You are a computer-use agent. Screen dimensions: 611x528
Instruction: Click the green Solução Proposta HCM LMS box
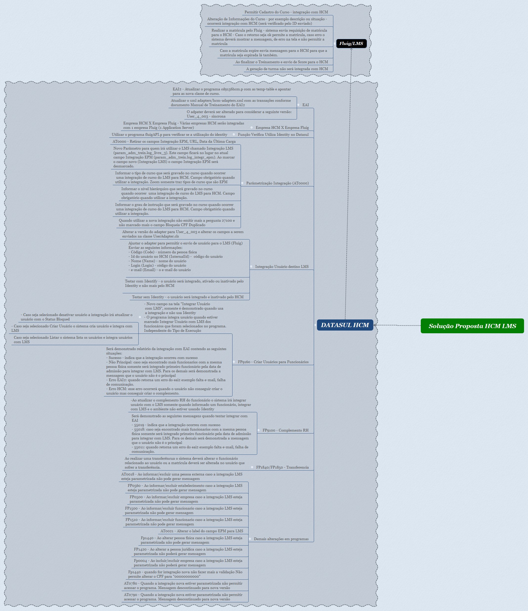[x=472, y=326]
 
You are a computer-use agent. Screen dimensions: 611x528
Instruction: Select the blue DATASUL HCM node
[x=345, y=325]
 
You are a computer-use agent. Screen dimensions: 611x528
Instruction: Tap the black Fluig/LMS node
[x=351, y=43]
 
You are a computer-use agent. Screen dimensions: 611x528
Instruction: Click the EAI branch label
[x=305, y=105]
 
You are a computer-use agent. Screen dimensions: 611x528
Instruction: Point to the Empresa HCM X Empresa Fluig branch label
[x=282, y=128]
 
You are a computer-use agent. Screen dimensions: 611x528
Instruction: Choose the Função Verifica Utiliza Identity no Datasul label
[x=273, y=135]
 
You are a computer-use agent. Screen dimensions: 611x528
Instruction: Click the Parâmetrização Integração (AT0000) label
[x=277, y=183]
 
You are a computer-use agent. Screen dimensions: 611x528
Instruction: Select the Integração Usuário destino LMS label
[x=282, y=267]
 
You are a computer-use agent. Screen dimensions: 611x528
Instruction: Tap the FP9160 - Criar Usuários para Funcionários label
[x=273, y=362]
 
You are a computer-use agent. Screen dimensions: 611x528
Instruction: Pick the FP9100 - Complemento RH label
[x=285, y=430]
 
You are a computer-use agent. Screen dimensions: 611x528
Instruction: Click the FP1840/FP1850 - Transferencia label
[x=282, y=467]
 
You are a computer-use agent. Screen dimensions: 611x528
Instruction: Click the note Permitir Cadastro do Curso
[x=286, y=12]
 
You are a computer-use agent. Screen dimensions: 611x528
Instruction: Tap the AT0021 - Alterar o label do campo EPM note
[x=202, y=531]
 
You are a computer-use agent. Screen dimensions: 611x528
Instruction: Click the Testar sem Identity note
[x=188, y=297]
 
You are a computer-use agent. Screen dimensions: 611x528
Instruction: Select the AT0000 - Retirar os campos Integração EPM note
[x=174, y=141]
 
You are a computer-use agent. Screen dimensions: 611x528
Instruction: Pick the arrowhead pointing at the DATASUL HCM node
[x=375, y=325]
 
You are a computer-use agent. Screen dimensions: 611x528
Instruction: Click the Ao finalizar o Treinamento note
[x=282, y=62]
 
